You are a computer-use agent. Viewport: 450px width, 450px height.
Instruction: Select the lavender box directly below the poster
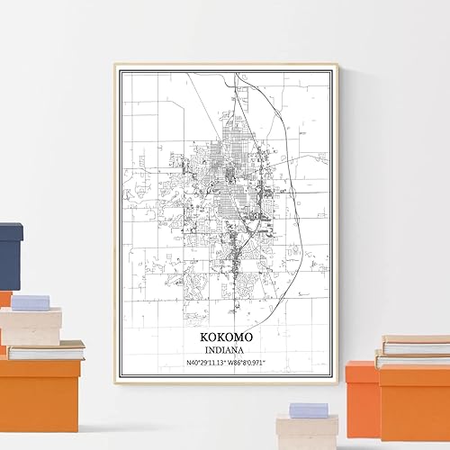tap(308, 409)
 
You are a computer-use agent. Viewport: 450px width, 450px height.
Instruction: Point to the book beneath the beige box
tap(45, 350)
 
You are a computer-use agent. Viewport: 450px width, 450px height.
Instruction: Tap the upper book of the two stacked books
tap(416, 345)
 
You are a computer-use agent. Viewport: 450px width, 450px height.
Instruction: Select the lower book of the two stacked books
tap(412, 359)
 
